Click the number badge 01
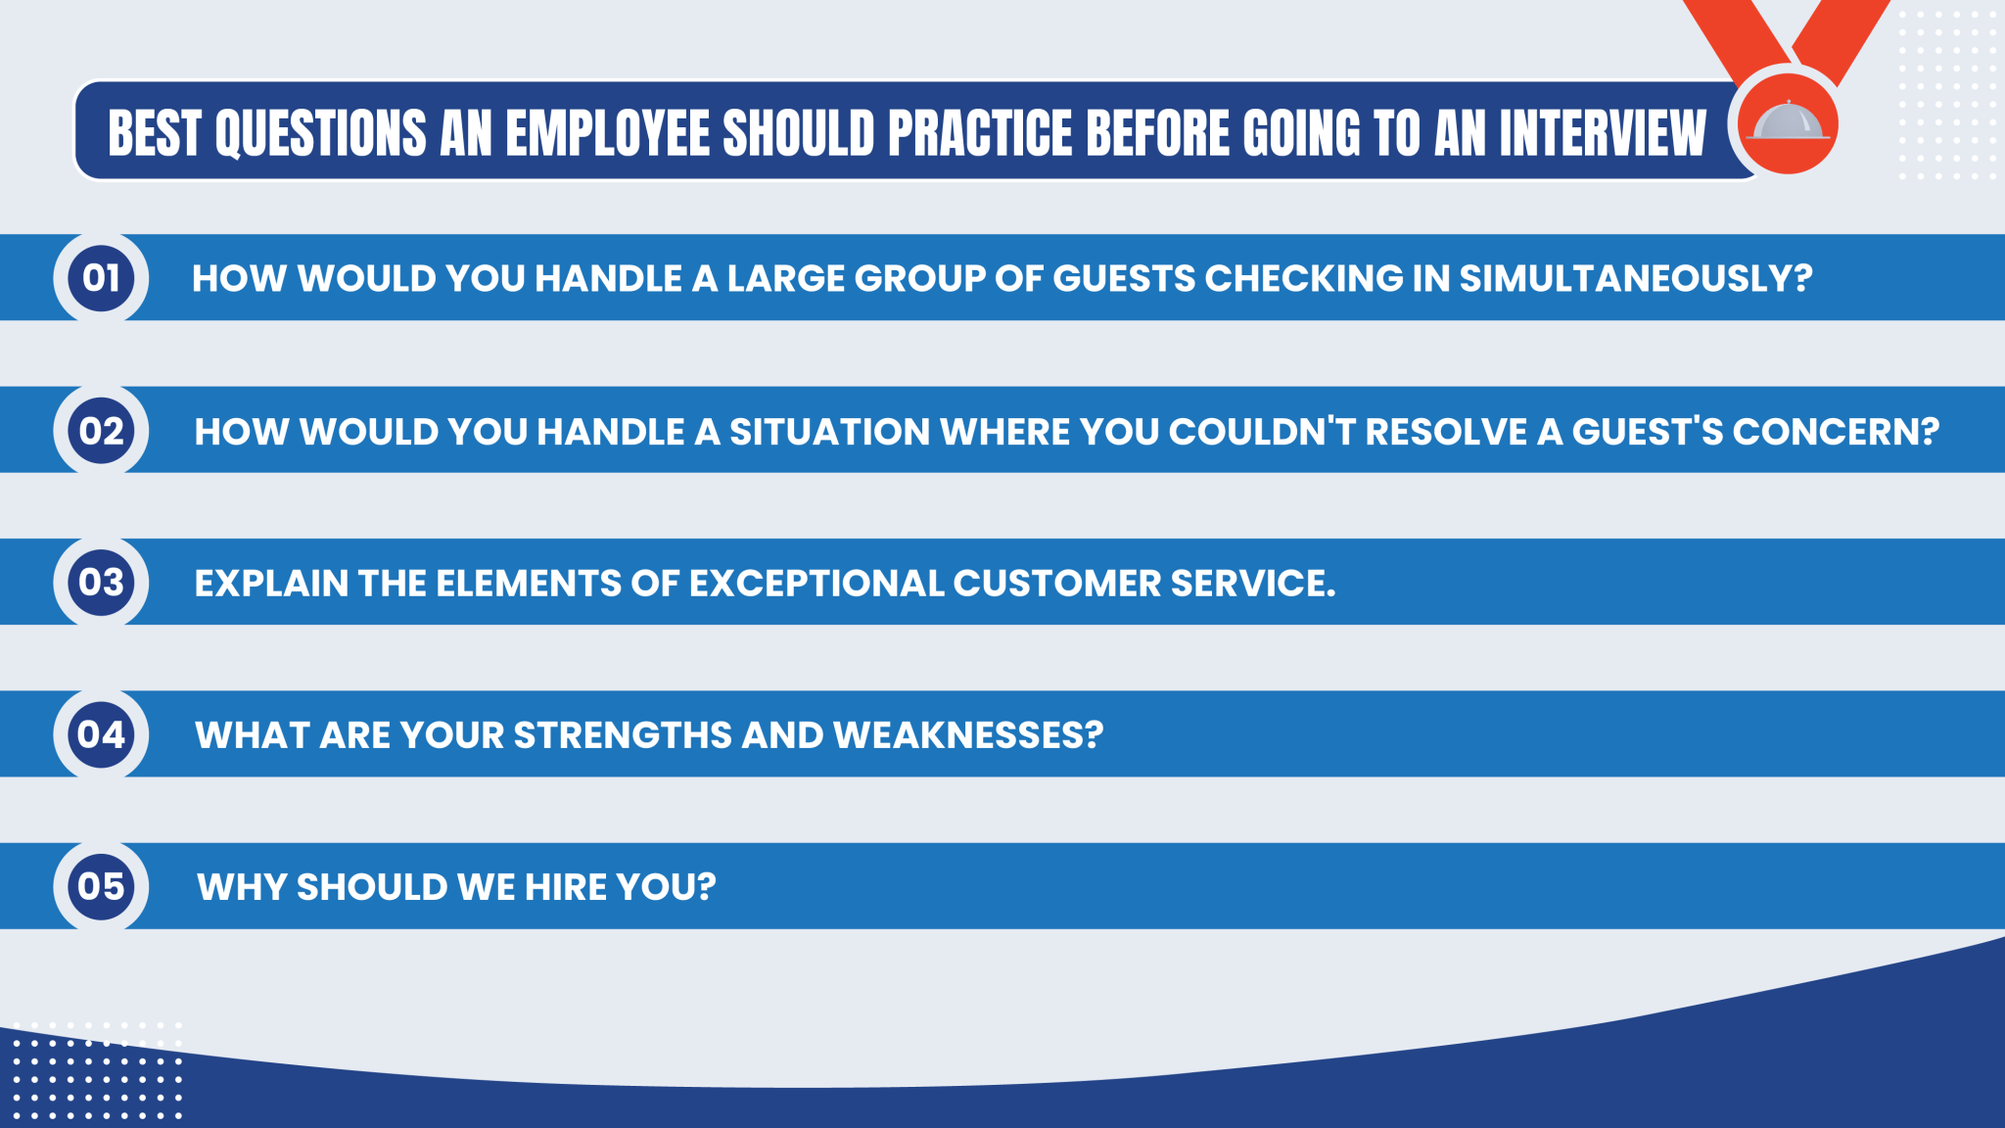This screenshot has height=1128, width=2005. pyautogui.click(x=101, y=278)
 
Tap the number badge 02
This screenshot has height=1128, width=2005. pyautogui.click(x=101, y=431)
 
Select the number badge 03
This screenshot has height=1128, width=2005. pyautogui.click(x=101, y=583)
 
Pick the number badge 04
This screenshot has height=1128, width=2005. pyautogui.click(x=101, y=734)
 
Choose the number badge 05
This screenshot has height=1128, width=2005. pyautogui.click(x=101, y=886)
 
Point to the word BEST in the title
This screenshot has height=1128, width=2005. pyautogui.click(x=154, y=133)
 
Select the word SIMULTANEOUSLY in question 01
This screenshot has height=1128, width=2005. pyautogui.click(x=1635, y=279)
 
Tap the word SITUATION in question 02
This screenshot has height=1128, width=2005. pyautogui.click(x=829, y=432)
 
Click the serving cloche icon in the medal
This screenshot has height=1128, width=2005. pyautogui.click(x=1788, y=122)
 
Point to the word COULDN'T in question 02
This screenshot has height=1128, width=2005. pyautogui.click(x=1262, y=432)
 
